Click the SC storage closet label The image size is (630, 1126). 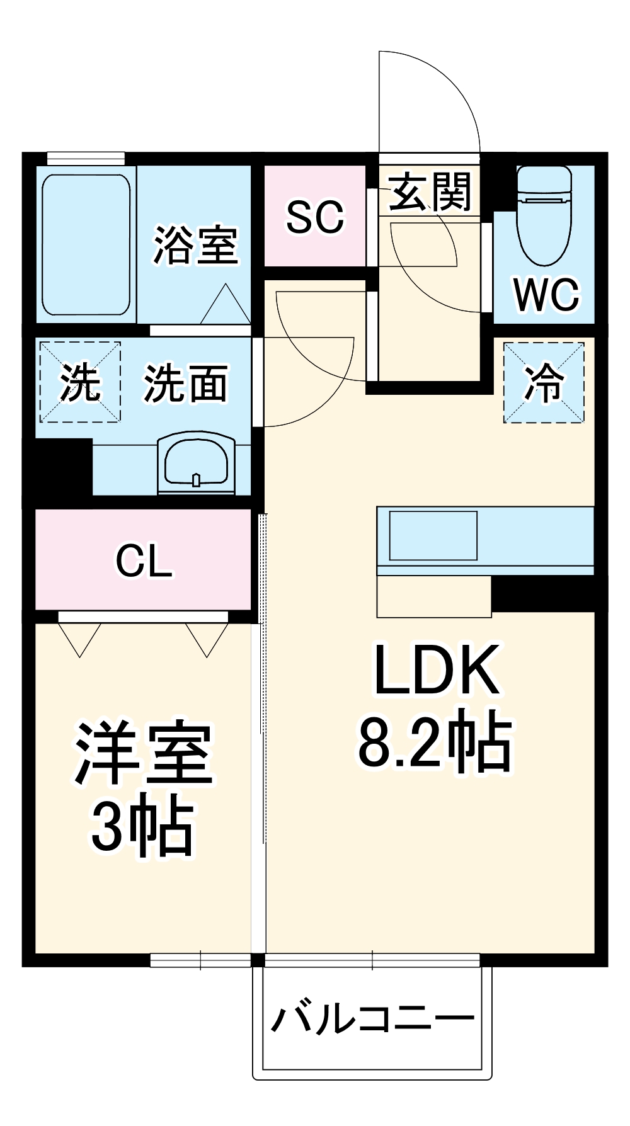315,217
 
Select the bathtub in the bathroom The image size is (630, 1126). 86,246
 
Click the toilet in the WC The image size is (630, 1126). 544,217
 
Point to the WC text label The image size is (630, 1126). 546,294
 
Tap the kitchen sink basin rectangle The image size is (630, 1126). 433,535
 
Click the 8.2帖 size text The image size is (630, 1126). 435,742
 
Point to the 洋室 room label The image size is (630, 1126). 144,754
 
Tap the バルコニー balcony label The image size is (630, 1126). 372,1019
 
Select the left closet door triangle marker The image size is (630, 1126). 79,639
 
